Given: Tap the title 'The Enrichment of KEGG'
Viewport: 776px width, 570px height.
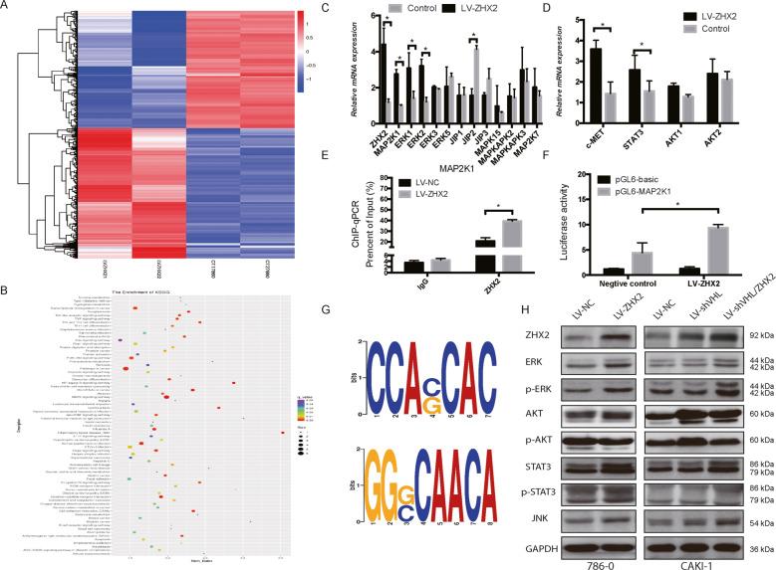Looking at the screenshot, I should point(158,290).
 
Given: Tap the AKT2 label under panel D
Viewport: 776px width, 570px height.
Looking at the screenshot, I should point(742,127).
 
